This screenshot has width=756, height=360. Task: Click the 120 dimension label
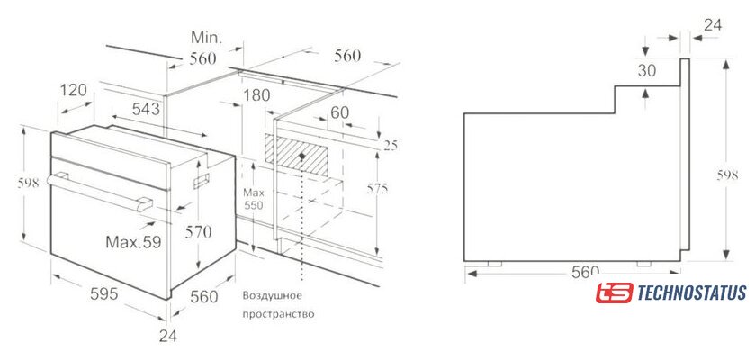click(74, 90)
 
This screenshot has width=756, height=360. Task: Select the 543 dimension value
click(146, 109)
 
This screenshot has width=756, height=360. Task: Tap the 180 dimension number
click(256, 95)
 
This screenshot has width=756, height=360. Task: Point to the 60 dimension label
click(339, 112)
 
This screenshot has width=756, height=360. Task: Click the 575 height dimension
click(377, 189)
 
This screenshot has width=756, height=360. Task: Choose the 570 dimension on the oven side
click(198, 232)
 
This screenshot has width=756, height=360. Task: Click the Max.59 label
click(133, 241)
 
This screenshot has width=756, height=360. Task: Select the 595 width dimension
click(104, 293)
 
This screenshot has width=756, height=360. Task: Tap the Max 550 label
click(253, 199)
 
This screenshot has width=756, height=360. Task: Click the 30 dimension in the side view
click(647, 71)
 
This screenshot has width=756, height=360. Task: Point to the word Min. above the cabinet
click(206, 37)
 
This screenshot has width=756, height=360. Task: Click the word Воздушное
click(273, 295)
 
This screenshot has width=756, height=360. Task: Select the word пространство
click(278, 315)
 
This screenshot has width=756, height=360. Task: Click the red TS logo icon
click(614, 292)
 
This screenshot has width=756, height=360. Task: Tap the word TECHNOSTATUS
click(692, 292)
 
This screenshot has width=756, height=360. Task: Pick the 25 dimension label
click(391, 146)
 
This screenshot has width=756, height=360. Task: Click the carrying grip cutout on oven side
click(202, 181)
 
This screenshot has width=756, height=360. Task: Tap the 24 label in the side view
click(713, 25)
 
